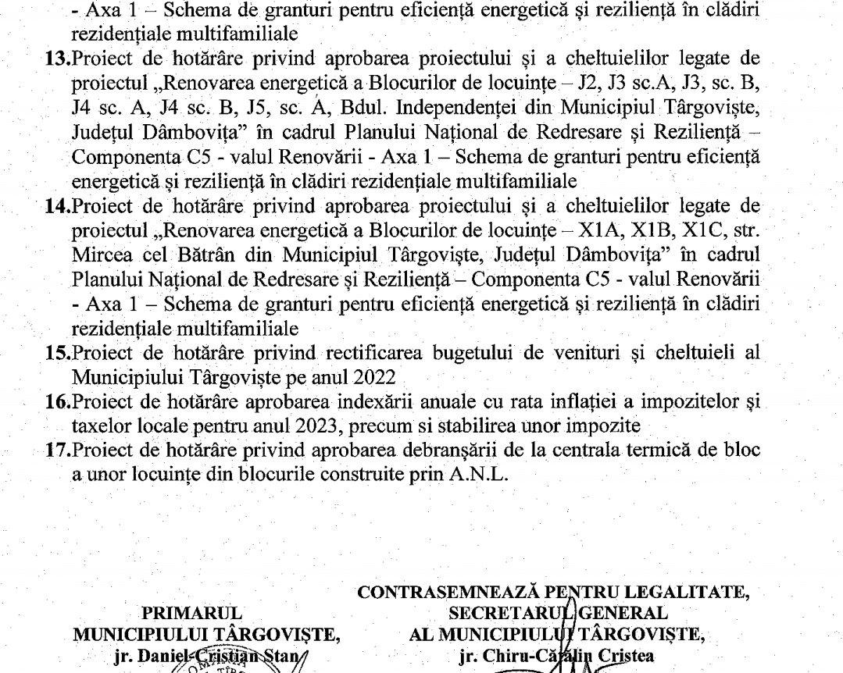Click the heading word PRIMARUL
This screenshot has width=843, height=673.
point(185,613)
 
